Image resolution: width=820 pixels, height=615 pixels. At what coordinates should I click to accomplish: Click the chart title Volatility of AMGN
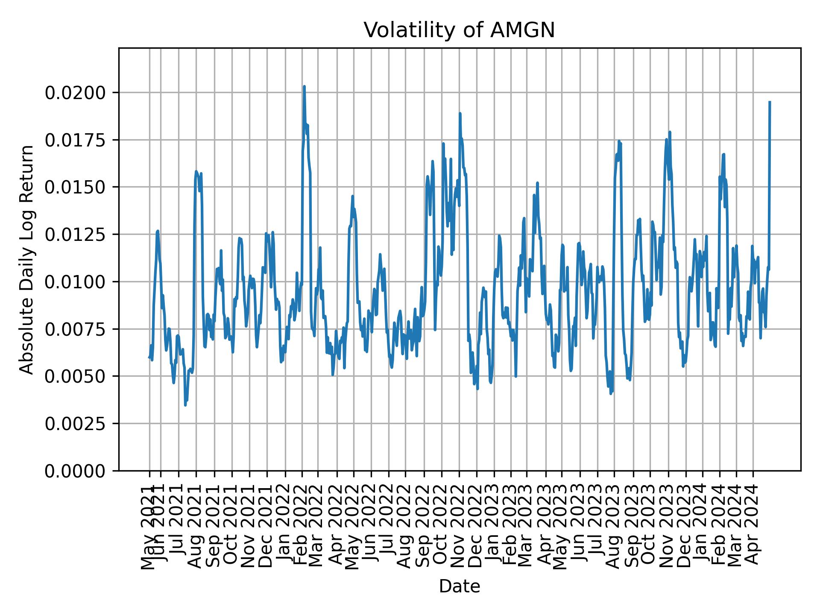point(459,30)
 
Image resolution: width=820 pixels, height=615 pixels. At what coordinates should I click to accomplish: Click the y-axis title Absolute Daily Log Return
point(27,259)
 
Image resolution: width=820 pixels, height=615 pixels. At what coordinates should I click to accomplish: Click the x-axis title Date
point(459,586)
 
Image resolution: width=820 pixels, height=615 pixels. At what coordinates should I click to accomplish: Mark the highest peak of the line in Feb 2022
point(304,87)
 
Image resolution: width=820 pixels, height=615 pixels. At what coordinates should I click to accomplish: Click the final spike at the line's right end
point(769,102)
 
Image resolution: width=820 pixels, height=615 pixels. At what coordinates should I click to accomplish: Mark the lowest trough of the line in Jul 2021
point(185,405)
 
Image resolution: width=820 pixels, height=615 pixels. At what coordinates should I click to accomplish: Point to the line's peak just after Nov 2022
point(460,114)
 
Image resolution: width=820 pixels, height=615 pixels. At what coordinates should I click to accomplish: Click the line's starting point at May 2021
point(149,357)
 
